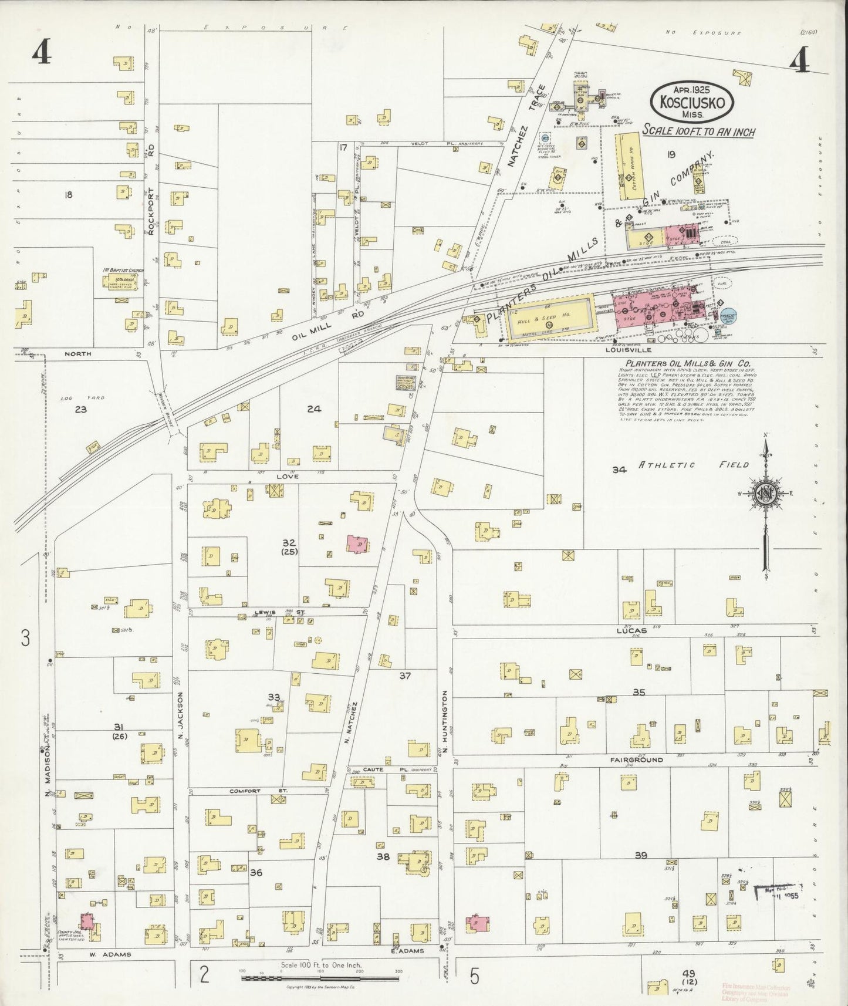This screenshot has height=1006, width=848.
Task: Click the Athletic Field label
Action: pos(694,465)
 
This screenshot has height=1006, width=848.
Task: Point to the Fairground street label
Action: pos(636,759)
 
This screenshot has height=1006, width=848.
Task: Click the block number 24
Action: pos(314,409)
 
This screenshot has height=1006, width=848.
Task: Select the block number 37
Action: pos(405,676)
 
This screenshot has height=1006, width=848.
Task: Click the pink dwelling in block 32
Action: pos(357,544)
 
